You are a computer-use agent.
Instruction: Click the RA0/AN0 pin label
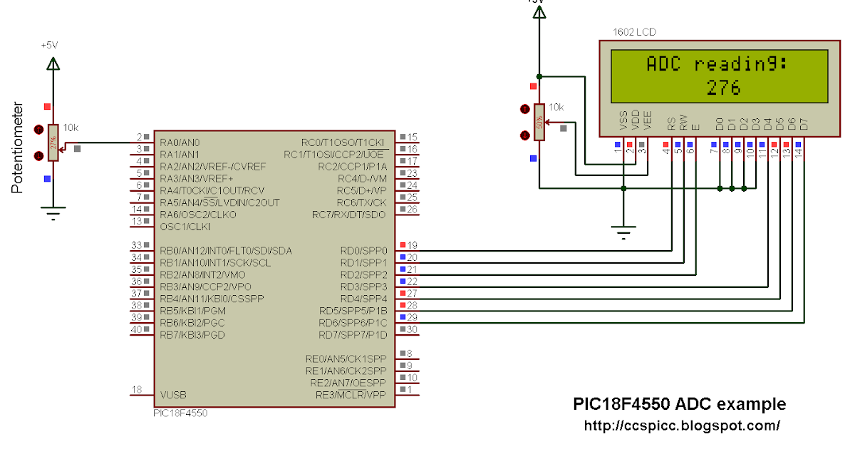pyautogui.click(x=180, y=142)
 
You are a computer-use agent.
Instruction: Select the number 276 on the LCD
pyautogui.click(x=723, y=88)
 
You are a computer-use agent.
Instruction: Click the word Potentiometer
pyautogui.click(x=19, y=148)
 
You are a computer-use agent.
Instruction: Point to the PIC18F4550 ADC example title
pyautogui.click(x=679, y=404)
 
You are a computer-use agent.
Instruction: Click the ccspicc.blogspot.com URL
pyautogui.click(x=681, y=425)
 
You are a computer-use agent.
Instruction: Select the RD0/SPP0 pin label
pyautogui.click(x=363, y=251)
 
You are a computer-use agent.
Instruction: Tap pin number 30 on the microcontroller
pyautogui.click(x=412, y=329)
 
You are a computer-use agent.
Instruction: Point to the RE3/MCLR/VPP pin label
pyautogui.click(x=346, y=394)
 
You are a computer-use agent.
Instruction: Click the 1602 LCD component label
pyautogui.click(x=634, y=32)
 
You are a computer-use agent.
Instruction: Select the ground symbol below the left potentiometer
pyautogui.click(x=53, y=212)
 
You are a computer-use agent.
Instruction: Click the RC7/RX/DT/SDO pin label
pyautogui.click(x=349, y=215)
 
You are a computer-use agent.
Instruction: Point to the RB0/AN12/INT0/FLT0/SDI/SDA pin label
pyautogui.click(x=226, y=251)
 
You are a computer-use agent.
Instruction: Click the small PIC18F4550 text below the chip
pyautogui.click(x=180, y=413)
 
